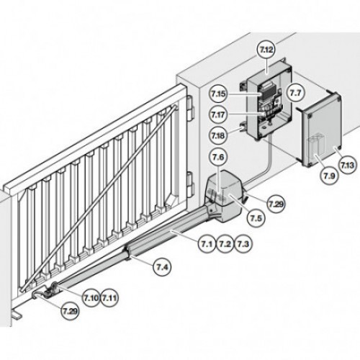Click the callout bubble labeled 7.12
(266, 50)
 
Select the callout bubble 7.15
(218, 94)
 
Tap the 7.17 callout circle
(218, 114)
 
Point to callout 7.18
(218, 135)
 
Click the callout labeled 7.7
(295, 93)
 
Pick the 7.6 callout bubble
(218, 157)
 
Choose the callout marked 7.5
(256, 218)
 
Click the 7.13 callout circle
(347, 165)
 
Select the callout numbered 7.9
(330, 176)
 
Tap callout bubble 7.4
(162, 267)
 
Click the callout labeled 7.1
(207, 244)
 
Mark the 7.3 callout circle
(243, 244)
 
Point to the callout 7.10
(91, 298)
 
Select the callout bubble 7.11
(109, 298)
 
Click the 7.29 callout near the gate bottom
(71, 311)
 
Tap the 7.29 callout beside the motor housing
(276, 204)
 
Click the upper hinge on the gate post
(190, 108)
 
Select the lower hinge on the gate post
(191, 184)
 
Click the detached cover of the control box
(320, 130)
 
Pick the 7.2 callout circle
(225, 244)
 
